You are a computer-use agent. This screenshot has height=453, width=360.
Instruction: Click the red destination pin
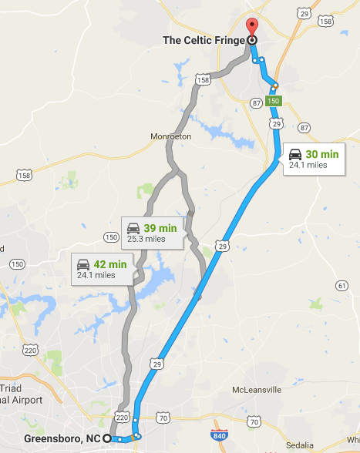point(251,25)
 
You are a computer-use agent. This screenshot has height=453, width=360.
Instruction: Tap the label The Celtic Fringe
point(204,40)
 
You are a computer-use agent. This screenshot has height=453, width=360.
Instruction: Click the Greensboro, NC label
point(62,438)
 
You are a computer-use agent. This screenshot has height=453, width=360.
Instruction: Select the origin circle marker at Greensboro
point(107,438)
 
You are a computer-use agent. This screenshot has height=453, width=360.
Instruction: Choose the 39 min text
point(160,228)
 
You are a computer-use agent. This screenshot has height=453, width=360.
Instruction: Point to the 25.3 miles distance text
point(146,240)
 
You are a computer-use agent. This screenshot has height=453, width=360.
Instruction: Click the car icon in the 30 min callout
point(294,153)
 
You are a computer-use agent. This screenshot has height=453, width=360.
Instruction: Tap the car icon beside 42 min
point(83,264)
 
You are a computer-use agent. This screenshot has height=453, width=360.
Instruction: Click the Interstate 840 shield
point(220,437)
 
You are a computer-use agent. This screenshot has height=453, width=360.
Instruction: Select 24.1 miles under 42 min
point(95,275)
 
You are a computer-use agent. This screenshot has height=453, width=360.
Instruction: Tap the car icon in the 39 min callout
point(133,228)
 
